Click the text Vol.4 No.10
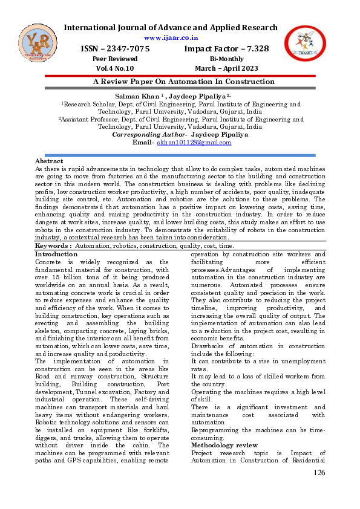pyautogui.click(x=115, y=69)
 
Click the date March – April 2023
pyautogui.click(x=226, y=69)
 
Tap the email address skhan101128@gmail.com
pyautogui.click(x=194, y=143)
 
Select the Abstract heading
pyautogui.click(x=49, y=161)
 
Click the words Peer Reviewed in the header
pyautogui.click(x=115, y=59)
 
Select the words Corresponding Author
pyautogui.click(x=150, y=135)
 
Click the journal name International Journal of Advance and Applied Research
pyautogui.click(x=171, y=27)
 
